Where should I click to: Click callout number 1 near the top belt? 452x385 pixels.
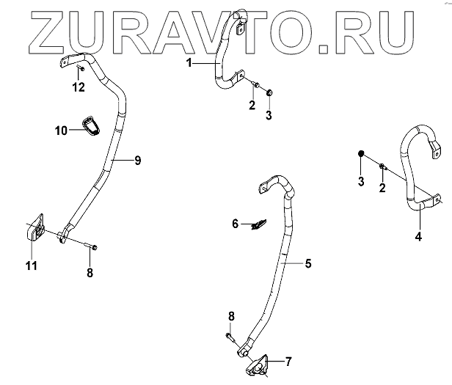[x=189, y=65]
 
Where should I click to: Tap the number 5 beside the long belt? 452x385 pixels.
[x=307, y=262]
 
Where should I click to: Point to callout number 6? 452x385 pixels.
[x=236, y=223]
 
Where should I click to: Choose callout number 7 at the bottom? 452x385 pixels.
[x=288, y=362]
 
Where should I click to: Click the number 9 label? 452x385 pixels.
[x=137, y=161]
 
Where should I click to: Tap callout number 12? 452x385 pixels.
[x=79, y=87]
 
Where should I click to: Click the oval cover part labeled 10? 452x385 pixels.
[x=90, y=125]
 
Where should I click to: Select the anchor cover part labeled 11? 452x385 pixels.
[x=34, y=230]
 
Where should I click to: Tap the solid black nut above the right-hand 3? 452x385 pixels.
[x=362, y=153]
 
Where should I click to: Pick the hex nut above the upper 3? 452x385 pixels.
[x=269, y=92]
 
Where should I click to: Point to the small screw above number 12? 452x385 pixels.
[x=79, y=69]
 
